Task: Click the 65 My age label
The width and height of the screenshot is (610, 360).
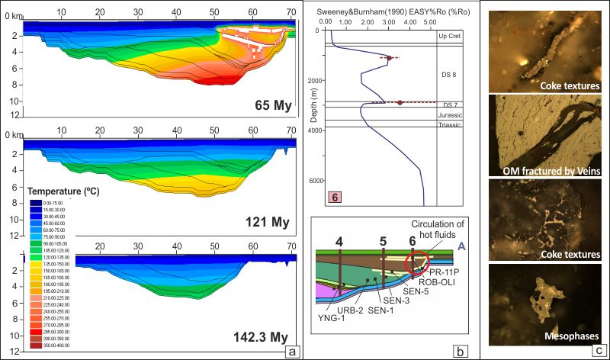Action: point(270,104)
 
